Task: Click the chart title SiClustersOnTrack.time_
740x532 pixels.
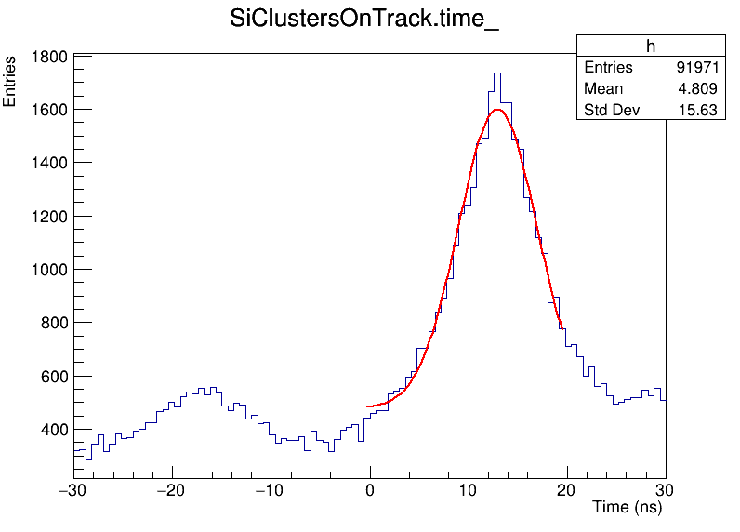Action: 364,20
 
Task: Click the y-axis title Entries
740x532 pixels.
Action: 10,82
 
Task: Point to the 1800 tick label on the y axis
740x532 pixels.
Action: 48,57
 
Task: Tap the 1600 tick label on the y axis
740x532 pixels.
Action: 48,110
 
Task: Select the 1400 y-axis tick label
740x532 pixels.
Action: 48,163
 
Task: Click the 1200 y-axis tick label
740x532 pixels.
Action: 48,217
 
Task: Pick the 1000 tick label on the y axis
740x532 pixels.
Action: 48,270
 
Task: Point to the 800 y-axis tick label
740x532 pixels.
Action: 53,323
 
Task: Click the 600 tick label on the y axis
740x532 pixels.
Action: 53,377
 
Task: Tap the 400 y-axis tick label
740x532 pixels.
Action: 53,430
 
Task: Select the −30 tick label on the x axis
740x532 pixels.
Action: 73,490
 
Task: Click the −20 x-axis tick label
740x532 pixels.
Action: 171,490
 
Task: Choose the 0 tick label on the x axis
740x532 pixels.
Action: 370,490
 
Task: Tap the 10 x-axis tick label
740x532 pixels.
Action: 469,490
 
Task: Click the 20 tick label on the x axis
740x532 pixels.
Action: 567,490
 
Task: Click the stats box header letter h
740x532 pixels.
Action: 651,47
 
